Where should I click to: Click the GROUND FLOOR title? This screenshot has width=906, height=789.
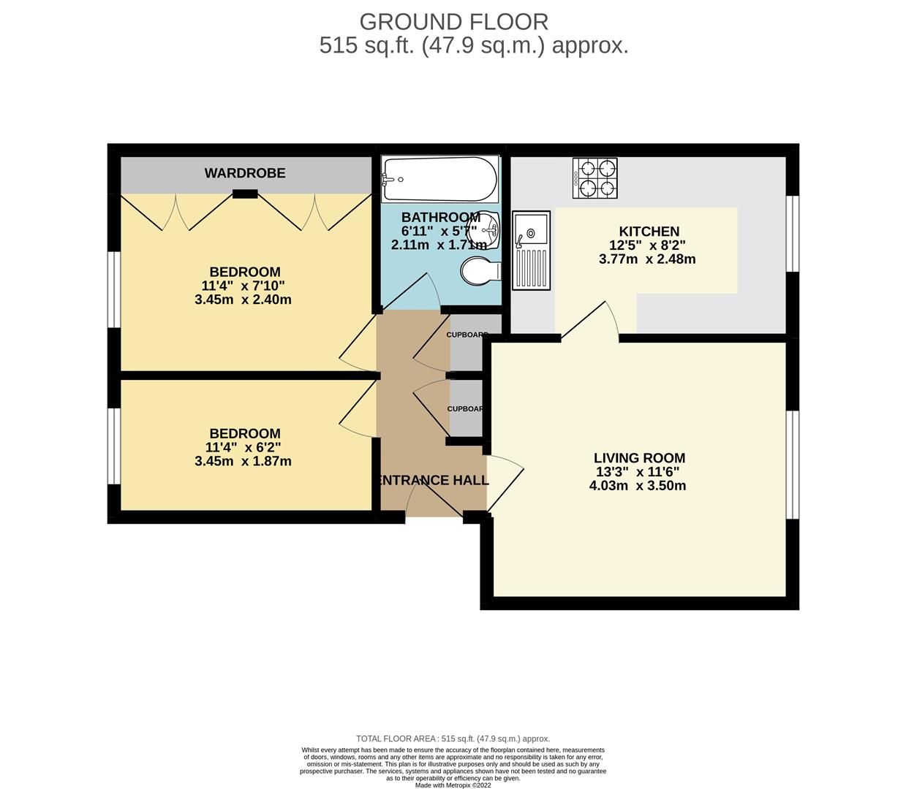(453, 21)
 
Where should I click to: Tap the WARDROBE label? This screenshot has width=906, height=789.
(245, 173)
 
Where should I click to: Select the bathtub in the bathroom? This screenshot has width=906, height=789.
(439, 179)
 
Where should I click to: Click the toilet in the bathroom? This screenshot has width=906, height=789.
(481, 271)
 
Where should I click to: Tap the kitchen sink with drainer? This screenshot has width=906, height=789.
(531, 250)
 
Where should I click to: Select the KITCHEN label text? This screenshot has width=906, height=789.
(649, 232)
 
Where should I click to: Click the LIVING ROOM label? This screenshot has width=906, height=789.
(639, 458)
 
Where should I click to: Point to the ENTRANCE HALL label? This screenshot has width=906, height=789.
(433, 480)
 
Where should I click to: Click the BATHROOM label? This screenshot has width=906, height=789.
(440, 217)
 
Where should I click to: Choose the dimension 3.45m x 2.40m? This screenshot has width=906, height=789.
(243, 300)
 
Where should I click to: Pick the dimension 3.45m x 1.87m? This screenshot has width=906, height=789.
(243, 461)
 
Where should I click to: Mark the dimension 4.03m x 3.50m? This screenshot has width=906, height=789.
(638, 485)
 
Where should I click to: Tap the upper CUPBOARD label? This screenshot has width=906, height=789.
(467, 335)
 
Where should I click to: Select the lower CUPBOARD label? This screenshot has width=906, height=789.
(466, 408)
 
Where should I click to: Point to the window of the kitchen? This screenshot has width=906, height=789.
(793, 234)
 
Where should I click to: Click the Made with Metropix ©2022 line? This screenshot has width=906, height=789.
(453, 785)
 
